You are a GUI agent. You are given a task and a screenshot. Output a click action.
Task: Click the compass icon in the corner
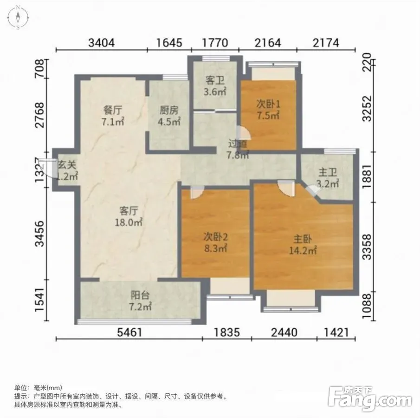18,17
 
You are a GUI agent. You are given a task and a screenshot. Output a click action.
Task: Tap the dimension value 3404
102,43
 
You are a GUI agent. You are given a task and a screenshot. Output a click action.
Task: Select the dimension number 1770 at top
215,43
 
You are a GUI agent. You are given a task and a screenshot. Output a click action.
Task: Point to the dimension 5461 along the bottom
129,333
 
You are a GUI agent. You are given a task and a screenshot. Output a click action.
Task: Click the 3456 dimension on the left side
40,234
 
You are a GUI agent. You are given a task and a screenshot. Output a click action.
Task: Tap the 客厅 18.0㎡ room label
129,216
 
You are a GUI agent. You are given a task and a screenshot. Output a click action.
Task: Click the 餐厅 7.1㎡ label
112,116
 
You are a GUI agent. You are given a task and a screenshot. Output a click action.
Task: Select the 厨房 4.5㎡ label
169,116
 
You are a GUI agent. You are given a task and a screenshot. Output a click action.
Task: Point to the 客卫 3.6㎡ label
215,86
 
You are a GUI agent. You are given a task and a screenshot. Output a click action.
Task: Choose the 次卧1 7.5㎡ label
268,110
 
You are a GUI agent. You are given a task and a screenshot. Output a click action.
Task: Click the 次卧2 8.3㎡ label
216,242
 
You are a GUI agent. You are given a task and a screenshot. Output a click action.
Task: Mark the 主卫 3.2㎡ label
328,178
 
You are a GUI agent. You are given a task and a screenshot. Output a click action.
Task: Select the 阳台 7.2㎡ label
140,301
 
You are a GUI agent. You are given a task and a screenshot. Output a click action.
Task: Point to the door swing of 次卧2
197,192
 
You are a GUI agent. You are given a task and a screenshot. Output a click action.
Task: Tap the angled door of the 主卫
313,190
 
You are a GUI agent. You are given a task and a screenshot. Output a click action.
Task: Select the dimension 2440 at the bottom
284,333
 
